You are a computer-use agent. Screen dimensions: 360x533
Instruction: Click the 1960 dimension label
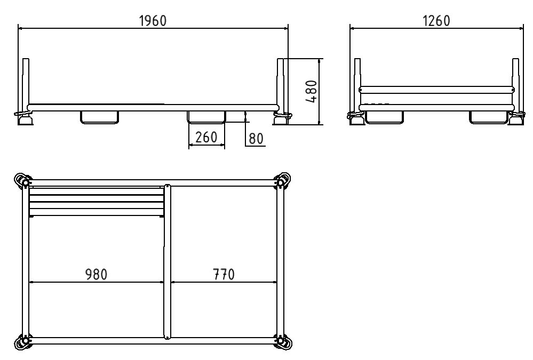[153, 20]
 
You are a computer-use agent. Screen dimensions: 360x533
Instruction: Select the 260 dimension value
[206, 138]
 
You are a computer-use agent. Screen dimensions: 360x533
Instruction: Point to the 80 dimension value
[256, 139]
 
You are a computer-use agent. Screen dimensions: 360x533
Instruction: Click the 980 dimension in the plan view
[96, 274]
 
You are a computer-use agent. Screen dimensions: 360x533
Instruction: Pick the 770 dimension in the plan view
[223, 274]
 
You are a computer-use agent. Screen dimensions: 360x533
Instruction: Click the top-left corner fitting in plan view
[23, 181]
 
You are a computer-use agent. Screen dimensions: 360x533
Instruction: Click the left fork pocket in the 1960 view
[99, 117]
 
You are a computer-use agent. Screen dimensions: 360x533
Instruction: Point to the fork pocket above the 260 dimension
[206, 117]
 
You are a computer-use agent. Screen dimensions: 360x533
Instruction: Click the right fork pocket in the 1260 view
[488, 117]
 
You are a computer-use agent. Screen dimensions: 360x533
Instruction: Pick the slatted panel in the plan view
[96, 201]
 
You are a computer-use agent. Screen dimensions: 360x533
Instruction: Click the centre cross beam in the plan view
[167, 261]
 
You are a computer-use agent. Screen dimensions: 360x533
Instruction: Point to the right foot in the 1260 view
[515, 121]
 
